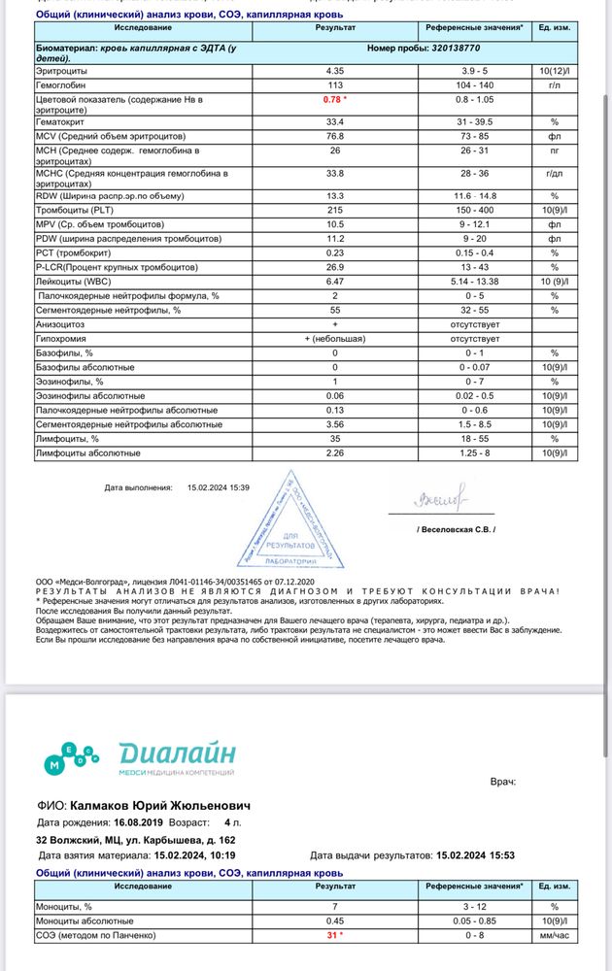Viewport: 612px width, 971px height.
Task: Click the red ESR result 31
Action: (335, 935)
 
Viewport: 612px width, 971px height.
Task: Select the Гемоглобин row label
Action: (62, 84)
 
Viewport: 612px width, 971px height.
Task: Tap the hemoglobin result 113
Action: (335, 84)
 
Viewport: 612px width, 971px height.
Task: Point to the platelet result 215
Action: (335, 210)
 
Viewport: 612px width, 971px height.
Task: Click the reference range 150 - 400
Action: (476, 210)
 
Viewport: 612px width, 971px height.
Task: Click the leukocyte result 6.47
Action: (335, 282)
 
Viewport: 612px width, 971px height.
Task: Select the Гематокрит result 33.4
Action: (335, 122)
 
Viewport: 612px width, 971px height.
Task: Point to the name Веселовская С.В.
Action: (456, 530)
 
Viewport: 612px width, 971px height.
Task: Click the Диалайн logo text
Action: (177, 754)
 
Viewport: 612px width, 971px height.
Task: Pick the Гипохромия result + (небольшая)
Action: (335, 339)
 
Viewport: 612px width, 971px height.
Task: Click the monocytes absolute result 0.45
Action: (335, 921)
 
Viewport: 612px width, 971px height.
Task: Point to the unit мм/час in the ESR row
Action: (555, 935)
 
